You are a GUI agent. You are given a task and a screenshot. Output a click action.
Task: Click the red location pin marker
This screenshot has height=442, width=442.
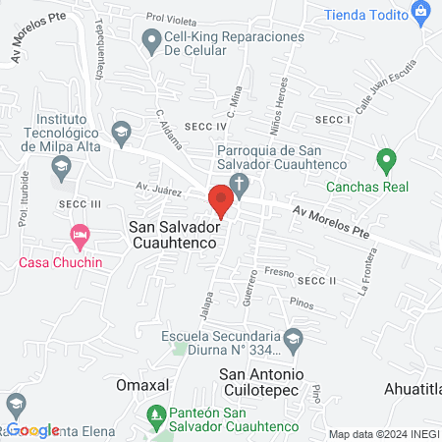pyautogui.click(x=220, y=200)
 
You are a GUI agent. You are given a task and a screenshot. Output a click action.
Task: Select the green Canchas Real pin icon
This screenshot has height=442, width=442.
pyautogui.click(x=386, y=159)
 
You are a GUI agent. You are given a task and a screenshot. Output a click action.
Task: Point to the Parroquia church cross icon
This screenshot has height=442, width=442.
pyautogui.click(x=239, y=184)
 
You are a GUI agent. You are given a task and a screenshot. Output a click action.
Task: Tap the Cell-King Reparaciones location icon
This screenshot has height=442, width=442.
pyautogui.click(x=150, y=40)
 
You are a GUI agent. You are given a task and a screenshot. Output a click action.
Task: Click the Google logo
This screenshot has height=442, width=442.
pyautogui.click(x=33, y=430)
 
